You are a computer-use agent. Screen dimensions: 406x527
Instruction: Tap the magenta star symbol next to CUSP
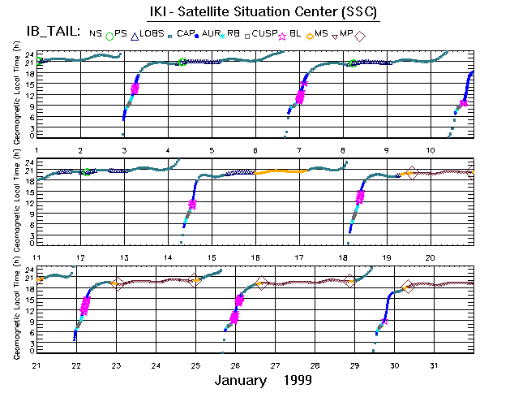tap(283, 34)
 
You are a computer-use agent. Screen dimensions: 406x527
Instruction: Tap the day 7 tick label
tap(299, 151)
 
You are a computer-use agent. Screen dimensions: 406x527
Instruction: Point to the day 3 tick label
tap(124, 151)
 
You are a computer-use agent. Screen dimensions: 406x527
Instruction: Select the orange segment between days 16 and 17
tap(280, 172)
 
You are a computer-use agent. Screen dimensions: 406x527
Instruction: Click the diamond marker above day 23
tap(117, 283)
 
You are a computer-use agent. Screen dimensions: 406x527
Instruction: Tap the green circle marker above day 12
tap(85, 171)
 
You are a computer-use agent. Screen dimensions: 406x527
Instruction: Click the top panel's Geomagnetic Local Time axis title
tap(16, 95)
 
